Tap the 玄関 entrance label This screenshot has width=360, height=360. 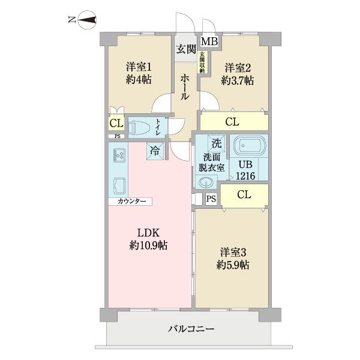click(185, 49)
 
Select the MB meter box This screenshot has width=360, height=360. click(209, 41)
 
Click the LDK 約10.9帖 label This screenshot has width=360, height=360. click(149, 238)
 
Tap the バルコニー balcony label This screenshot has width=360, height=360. click(191, 329)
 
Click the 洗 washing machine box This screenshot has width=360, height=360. click(216, 143)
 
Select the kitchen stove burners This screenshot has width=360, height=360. click(117, 156)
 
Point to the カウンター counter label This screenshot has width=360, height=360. click(130, 202)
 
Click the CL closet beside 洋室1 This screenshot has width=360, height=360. click(114, 124)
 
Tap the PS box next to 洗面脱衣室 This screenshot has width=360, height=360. click(210, 199)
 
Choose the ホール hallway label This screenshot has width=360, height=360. click(185, 87)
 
